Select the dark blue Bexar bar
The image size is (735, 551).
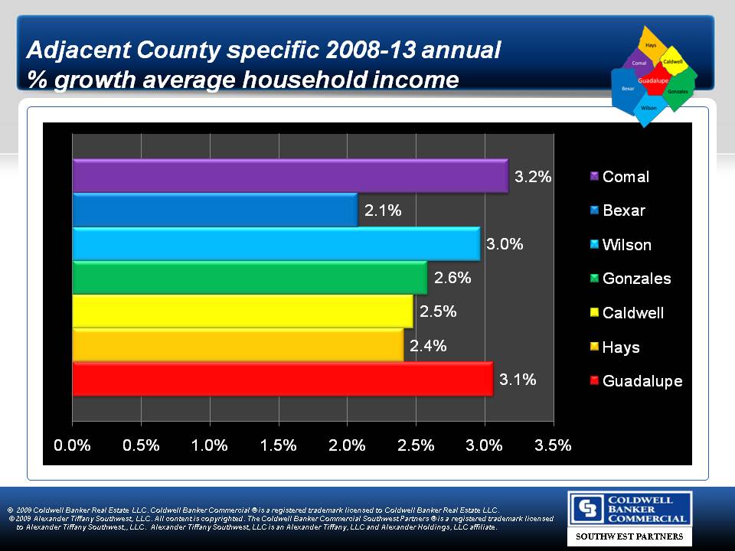click(214, 210)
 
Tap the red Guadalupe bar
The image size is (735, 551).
click(283, 379)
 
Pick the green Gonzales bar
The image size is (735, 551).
click(250, 278)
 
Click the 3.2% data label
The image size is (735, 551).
click(532, 177)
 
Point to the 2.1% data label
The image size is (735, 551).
click(383, 210)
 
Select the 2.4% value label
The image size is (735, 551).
click(428, 345)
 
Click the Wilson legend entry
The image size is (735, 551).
click(626, 245)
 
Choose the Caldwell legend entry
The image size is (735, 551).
click(632, 313)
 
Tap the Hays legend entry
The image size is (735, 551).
click(620, 347)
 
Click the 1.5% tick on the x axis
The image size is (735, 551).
click(278, 445)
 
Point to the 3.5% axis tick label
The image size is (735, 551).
click(552, 445)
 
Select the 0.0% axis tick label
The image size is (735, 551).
click(73, 445)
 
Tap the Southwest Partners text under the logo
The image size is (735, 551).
click(629, 537)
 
